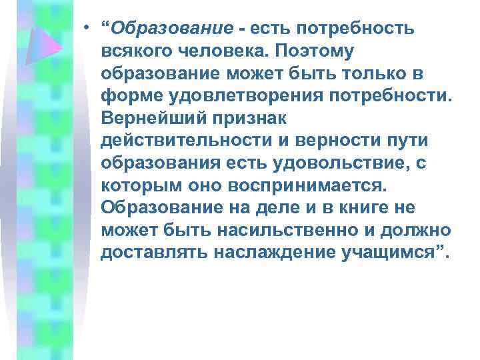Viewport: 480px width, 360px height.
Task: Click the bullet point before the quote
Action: coord(87,28)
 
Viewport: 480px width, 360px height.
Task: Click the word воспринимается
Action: coord(299,187)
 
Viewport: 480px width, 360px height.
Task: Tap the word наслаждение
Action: coord(265,254)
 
